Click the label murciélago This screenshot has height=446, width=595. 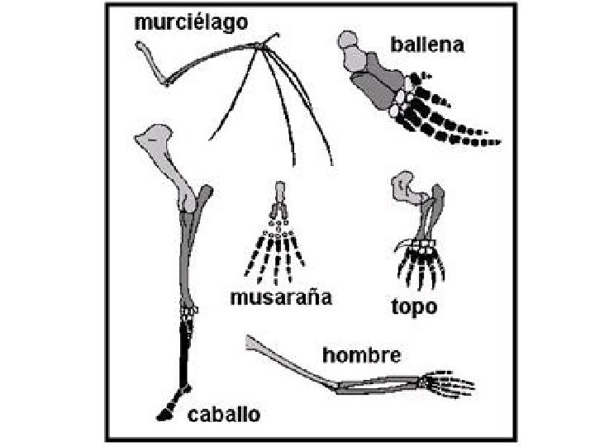click(191, 22)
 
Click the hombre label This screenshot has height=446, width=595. click(362, 355)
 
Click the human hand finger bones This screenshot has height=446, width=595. click(453, 383)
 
